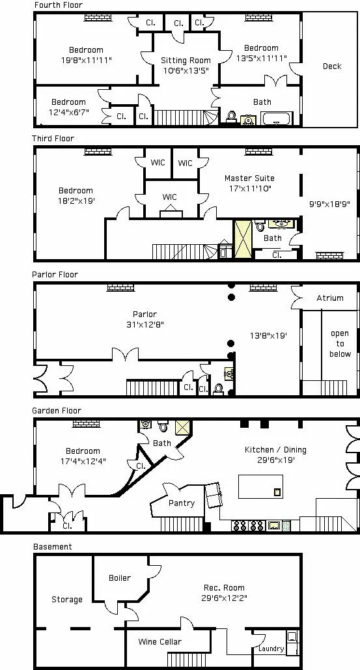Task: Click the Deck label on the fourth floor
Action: pyautogui.click(x=332, y=66)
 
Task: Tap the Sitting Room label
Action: pyautogui.click(x=186, y=61)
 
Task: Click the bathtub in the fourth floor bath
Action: pyautogui.click(x=278, y=119)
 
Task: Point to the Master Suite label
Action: pyautogui.click(x=249, y=178)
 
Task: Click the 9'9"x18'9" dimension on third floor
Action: pyautogui.click(x=329, y=204)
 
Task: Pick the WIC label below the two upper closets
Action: pyautogui.click(x=169, y=197)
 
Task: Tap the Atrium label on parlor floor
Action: pyautogui.click(x=329, y=298)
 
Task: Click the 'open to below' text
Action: pyautogui.click(x=339, y=344)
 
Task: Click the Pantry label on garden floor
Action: pyautogui.click(x=181, y=503)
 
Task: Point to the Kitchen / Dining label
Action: pyautogui.click(x=275, y=450)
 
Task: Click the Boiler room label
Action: pyautogui.click(x=120, y=578)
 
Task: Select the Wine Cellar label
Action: pyautogui.click(x=159, y=642)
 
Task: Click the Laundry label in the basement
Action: pyautogui.click(x=271, y=649)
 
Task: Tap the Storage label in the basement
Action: pyautogui.click(x=67, y=600)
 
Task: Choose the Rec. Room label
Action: pyautogui.click(x=224, y=588)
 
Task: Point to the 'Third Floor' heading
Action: pyautogui.click(x=53, y=139)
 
